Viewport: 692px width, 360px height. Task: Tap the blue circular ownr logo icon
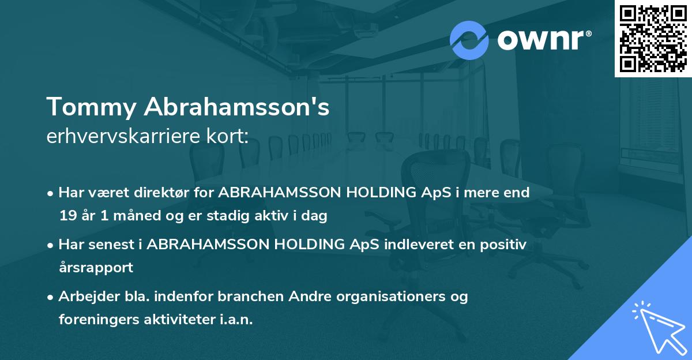click(x=469, y=40)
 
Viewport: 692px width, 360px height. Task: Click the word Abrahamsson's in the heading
click(x=236, y=107)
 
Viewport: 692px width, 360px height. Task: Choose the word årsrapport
click(x=96, y=268)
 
